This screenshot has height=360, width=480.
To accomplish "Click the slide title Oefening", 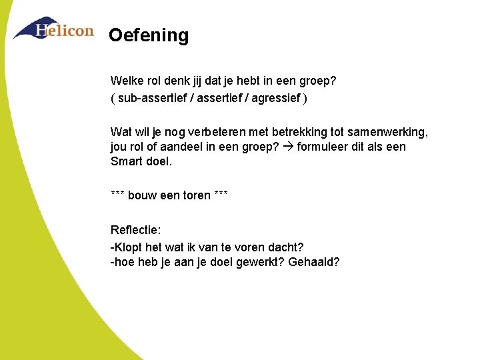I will [x=149, y=35].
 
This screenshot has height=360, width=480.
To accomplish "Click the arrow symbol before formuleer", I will [x=289, y=147].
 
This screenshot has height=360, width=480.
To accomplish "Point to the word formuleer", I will [x=323, y=147].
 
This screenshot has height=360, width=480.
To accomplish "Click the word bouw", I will [x=142, y=195].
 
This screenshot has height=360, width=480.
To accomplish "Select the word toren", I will [x=195, y=195].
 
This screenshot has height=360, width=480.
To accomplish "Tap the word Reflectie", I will [x=135, y=230].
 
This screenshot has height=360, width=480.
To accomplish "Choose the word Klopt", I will [x=129, y=247].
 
